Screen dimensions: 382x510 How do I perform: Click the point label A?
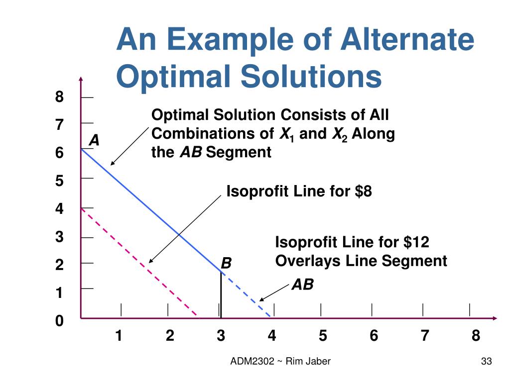(x=94, y=141)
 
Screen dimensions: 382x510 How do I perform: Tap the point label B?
(x=226, y=263)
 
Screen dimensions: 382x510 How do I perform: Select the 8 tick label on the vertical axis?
(x=59, y=96)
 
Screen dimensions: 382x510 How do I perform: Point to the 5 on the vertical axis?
(x=59, y=181)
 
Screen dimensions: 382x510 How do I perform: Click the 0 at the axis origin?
(x=59, y=321)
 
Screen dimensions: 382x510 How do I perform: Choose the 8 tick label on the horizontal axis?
(x=476, y=336)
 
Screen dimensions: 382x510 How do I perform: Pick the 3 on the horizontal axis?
(x=221, y=336)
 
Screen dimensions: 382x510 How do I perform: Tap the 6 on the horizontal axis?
(x=374, y=336)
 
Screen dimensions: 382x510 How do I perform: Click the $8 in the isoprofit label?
(x=364, y=191)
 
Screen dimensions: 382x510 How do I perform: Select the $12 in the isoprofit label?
(x=416, y=242)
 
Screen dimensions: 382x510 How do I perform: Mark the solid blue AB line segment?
(x=149, y=208)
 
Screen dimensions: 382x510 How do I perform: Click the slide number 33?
(x=487, y=362)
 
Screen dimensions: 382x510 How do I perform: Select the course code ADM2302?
(x=252, y=362)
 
